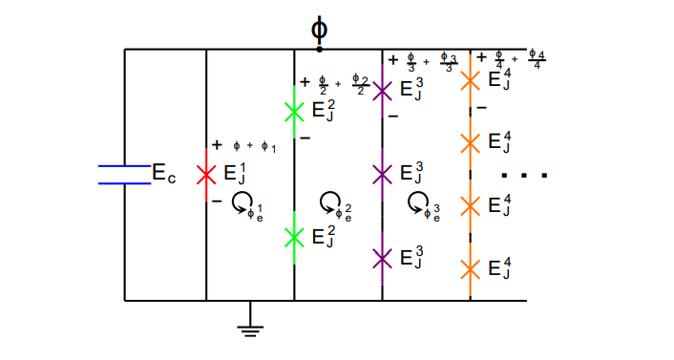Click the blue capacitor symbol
[124, 173]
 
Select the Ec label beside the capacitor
[164, 174]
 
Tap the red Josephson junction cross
[206, 175]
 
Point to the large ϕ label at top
[319, 27]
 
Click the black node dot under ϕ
[319, 49]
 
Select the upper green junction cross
[294, 112]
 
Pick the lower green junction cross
[294, 236]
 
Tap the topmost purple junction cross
[382, 91]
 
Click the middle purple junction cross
[382, 174]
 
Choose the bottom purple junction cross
[382, 258]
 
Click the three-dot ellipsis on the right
[524, 176]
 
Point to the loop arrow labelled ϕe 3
[418, 201]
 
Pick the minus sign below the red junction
[217, 201]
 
